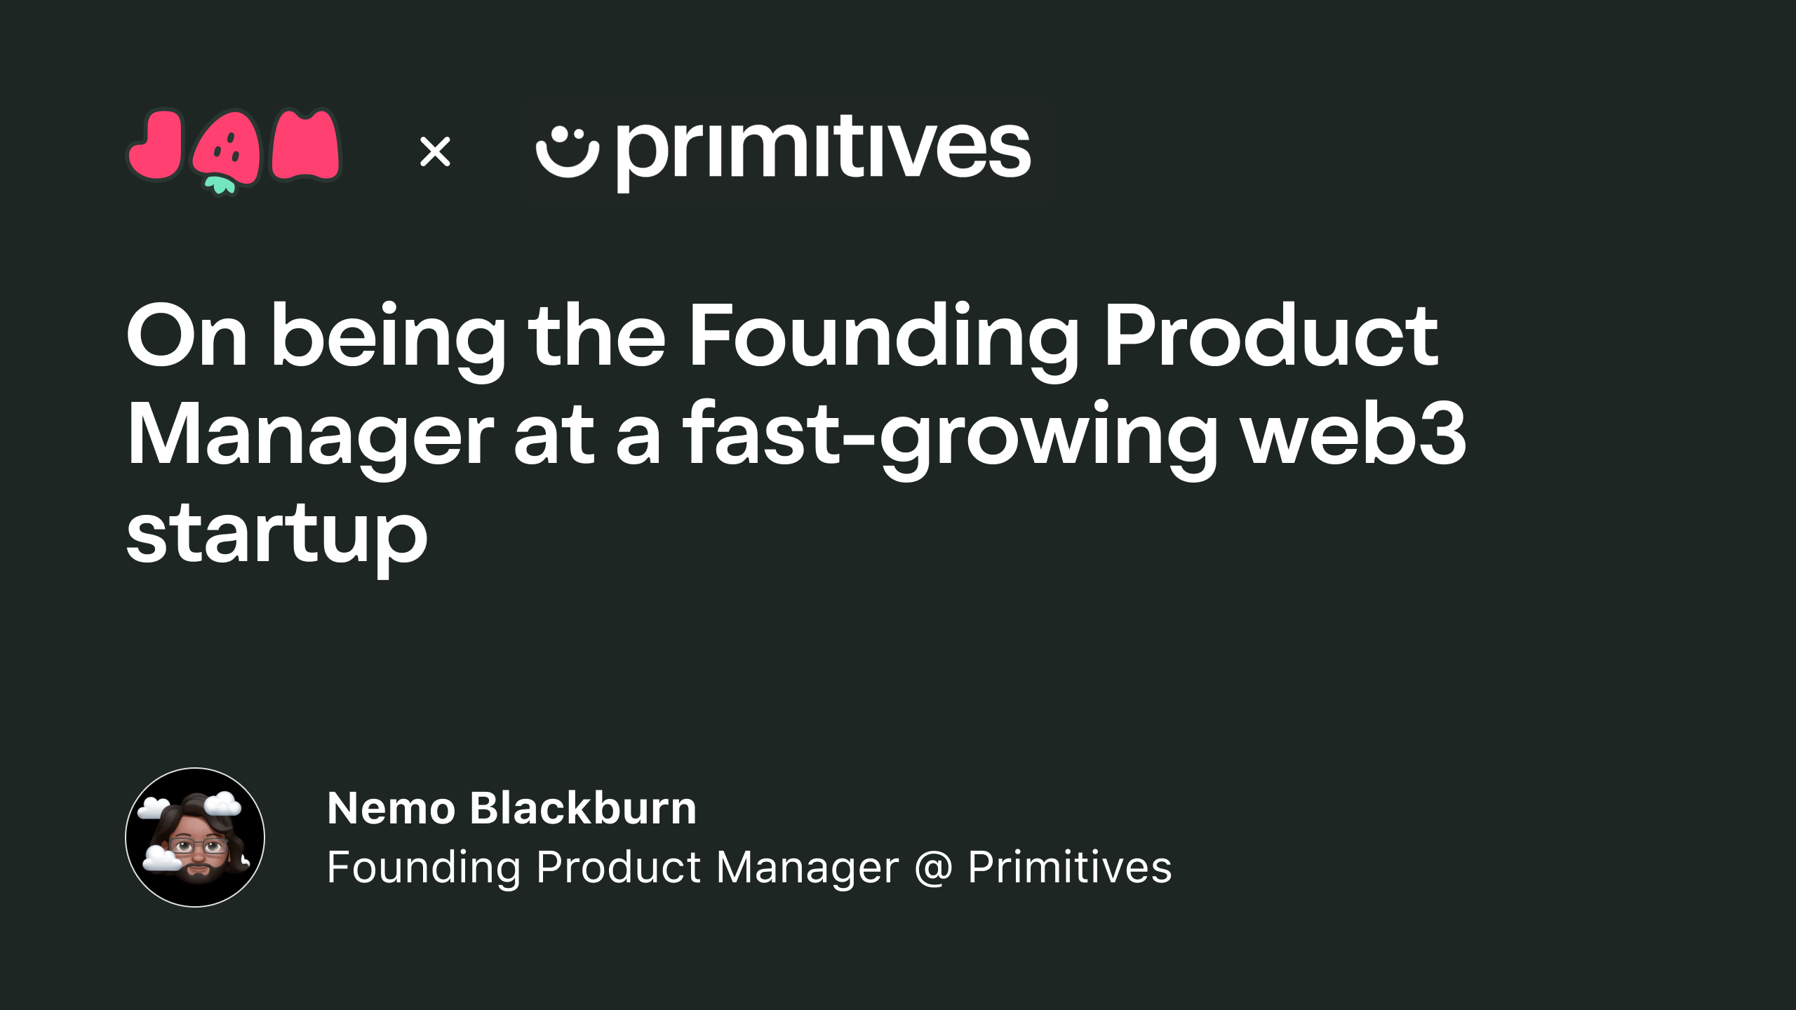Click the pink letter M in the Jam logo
[305, 145]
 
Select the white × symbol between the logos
[435, 151]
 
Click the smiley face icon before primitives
[567, 152]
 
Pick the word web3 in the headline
[1354, 433]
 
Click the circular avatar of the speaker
[195, 837]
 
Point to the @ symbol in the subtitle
[934, 868]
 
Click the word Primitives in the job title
[1070, 867]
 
